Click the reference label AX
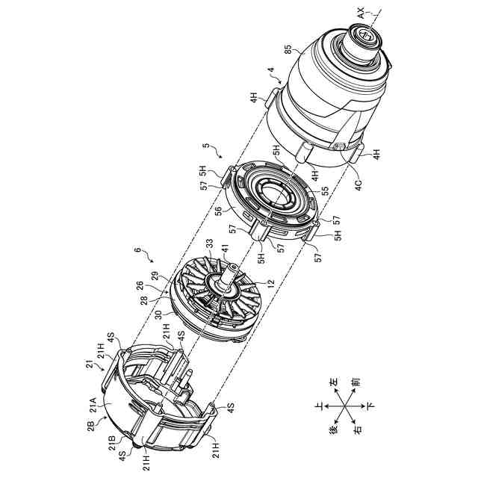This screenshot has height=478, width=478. pos(361,13)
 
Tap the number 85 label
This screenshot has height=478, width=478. pos(288,50)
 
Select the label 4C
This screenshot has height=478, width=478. pos(358,185)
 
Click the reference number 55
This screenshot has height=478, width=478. pos(326,191)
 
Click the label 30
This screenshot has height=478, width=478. pos(158,314)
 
